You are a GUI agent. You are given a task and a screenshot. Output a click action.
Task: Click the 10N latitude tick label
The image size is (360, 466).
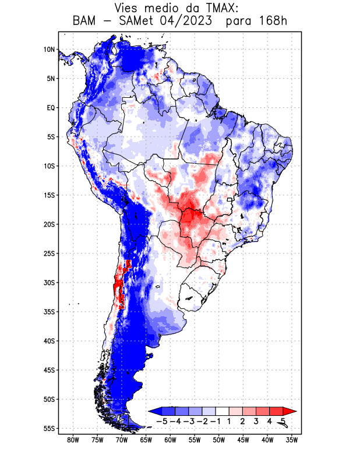pyautogui.click(x=48, y=50)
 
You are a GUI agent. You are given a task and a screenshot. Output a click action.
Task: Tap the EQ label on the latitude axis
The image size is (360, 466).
pyautogui.click(x=50, y=108)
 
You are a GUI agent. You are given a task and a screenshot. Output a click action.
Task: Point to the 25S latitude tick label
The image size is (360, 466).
pyautogui.click(x=48, y=253)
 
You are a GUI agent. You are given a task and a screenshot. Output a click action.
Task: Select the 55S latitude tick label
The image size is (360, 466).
pyautogui.click(x=48, y=429)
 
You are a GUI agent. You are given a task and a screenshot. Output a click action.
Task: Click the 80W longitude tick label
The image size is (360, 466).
pyautogui.click(x=73, y=440)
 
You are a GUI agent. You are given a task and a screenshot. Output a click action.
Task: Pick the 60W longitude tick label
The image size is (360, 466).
pyautogui.click(x=171, y=440)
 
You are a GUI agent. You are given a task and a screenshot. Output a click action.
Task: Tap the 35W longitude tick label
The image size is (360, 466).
pyautogui.click(x=292, y=440)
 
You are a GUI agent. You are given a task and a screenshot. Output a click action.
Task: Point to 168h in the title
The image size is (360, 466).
pyautogui.click(x=273, y=22)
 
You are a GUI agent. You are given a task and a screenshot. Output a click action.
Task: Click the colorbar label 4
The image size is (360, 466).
pyautogui.click(x=269, y=421)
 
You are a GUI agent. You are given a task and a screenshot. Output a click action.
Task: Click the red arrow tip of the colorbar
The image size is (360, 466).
pyautogui.click(x=285, y=411)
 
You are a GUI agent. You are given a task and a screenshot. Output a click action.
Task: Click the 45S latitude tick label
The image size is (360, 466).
pyautogui.click(x=48, y=370)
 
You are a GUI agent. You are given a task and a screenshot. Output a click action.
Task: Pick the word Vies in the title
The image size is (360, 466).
pyautogui.click(x=128, y=8)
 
